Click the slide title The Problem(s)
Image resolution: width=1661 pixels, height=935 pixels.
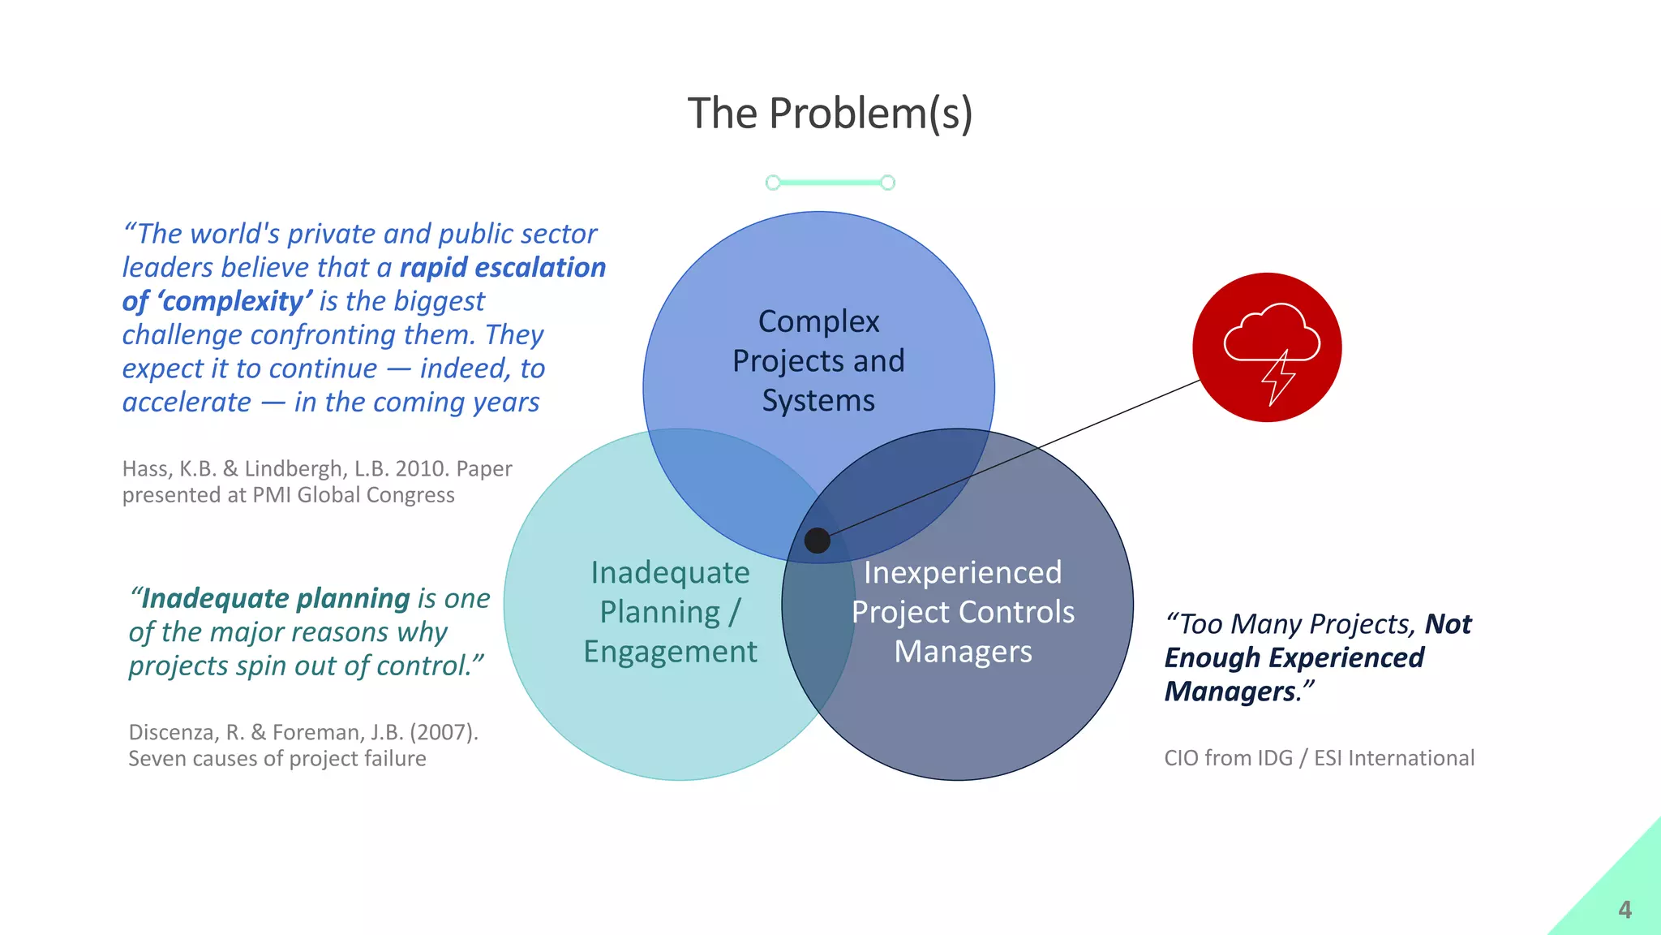click(x=830, y=113)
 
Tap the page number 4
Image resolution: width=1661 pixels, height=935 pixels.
click(x=1625, y=910)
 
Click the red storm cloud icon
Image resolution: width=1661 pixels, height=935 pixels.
click(x=1267, y=347)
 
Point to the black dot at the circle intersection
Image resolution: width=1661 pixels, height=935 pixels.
click(x=817, y=541)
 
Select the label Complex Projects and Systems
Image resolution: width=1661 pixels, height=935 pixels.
click(x=818, y=361)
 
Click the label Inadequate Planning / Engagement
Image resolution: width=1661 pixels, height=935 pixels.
click(x=670, y=612)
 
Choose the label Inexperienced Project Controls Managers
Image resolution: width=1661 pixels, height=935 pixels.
click(x=963, y=612)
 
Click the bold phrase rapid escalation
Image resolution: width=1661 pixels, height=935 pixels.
click(x=502, y=268)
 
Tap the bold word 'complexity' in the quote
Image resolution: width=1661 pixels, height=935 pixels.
click(x=234, y=301)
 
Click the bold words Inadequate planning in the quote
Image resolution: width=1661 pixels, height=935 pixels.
click(x=275, y=598)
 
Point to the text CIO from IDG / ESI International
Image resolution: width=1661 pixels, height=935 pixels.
click(x=1319, y=758)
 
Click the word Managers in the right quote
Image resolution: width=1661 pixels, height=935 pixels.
click(x=1230, y=692)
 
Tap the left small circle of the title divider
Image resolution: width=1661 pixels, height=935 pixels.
click(x=773, y=183)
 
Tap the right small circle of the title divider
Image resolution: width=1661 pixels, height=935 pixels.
click(x=888, y=183)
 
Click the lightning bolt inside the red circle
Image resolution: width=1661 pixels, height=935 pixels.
click(x=1278, y=377)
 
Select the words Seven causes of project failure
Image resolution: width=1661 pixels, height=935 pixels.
click(x=277, y=759)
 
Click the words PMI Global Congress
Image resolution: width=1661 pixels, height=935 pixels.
click(x=354, y=495)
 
